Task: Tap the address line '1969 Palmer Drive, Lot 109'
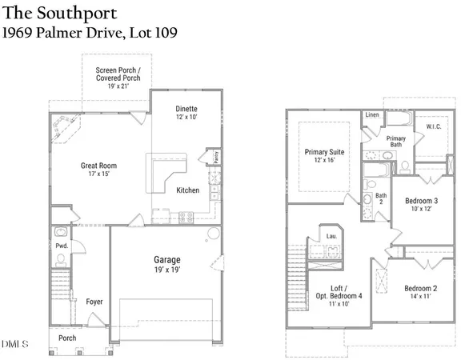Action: point(89,33)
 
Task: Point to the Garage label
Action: point(167,260)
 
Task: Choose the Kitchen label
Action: point(188,190)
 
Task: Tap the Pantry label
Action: point(214,158)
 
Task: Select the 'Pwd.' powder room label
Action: point(62,234)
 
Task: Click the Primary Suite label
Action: point(324,151)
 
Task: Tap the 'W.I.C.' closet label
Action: point(435,126)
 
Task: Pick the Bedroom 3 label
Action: point(421,201)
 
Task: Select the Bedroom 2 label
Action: point(420,288)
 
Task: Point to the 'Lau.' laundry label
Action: point(331,235)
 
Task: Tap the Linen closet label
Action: point(371,115)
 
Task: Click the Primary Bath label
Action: point(397,142)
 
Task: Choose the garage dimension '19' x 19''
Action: point(167,272)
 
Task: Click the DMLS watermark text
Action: point(14,345)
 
